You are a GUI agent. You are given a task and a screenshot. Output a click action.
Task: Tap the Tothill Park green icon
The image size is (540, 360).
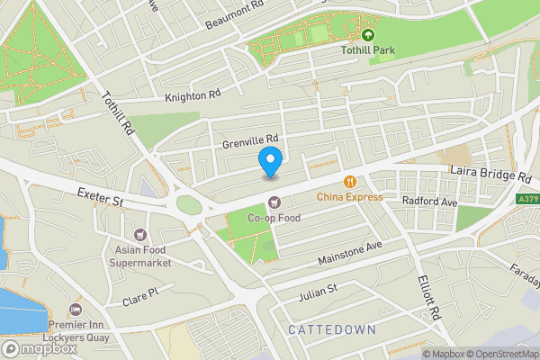[x=367, y=34]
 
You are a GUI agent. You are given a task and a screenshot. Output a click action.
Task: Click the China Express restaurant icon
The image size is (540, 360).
[x=349, y=182]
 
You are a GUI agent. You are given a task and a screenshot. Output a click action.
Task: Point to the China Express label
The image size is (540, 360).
[x=349, y=197]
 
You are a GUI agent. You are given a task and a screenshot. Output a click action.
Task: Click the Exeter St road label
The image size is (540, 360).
[x=99, y=193]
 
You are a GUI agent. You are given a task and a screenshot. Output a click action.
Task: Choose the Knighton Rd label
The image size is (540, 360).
[x=193, y=94]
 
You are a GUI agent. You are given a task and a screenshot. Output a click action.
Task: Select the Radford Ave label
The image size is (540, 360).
[x=430, y=201]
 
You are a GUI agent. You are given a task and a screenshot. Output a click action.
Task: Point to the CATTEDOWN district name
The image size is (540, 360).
[x=332, y=330]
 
